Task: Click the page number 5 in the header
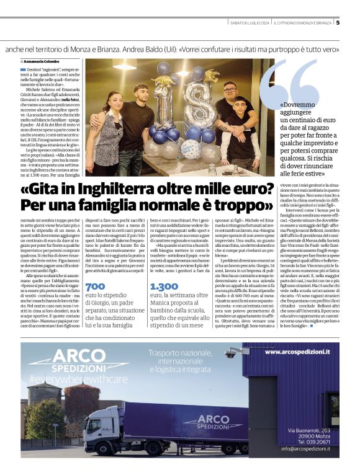(x=355, y=23)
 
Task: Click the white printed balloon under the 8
(x=189, y=149)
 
